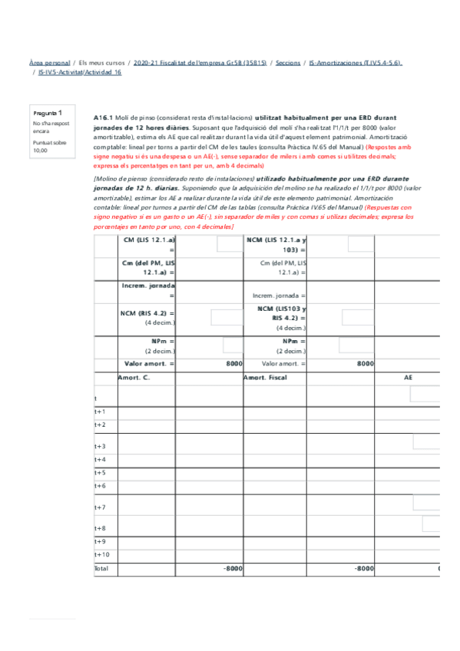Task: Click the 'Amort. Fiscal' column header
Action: (264, 378)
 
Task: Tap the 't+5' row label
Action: (100, 473)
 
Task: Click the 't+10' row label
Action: (101, 554)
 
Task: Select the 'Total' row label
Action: (101, 569)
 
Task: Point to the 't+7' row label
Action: (100, 507)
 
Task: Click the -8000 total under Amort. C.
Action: (232, 569)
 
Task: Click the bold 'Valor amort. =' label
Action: (149, 363)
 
